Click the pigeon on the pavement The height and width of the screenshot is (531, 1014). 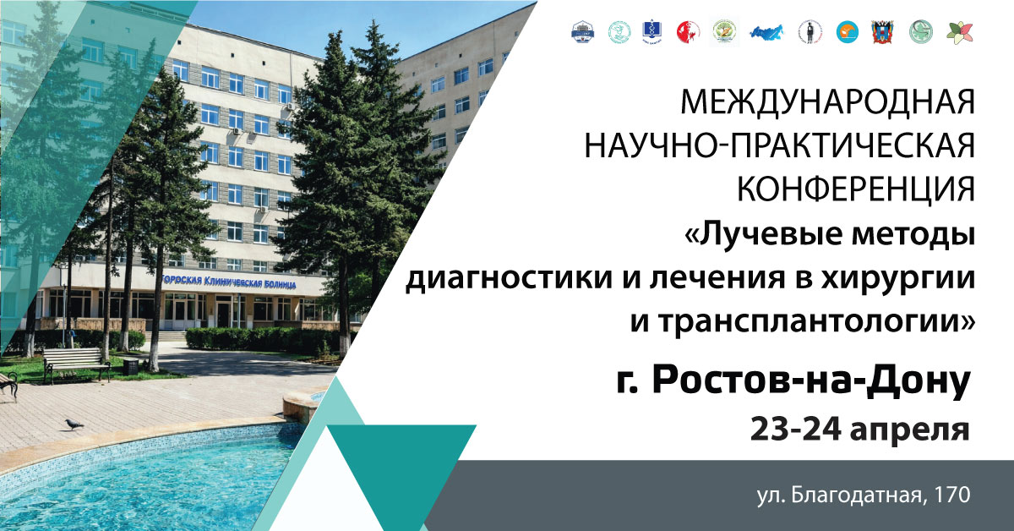point(74,424)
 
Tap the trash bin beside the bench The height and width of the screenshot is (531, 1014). point(130,366)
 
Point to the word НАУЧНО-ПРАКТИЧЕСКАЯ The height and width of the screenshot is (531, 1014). point(780,147)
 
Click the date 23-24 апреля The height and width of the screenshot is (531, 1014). point(859,428)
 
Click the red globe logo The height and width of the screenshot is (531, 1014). point(688,32)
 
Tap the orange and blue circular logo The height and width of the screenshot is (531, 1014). point(845,32)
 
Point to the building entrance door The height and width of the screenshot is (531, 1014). point(223,315)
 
